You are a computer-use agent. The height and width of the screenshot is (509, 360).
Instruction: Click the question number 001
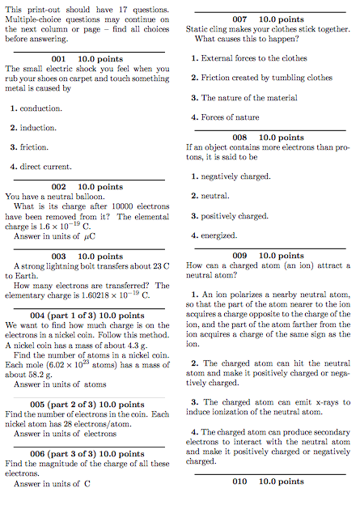click(57, 59)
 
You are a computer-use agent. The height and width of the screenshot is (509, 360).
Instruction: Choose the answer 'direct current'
click(41, 166)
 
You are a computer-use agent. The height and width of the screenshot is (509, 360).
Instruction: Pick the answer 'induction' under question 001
click(34, 127)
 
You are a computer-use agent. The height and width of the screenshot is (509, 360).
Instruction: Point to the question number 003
click(57, 256)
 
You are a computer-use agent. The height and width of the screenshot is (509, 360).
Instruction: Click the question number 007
click(239, 19)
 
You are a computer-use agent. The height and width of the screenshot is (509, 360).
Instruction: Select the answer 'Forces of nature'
click(236, 117)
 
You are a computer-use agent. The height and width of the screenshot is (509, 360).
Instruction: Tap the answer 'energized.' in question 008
click(219, 235)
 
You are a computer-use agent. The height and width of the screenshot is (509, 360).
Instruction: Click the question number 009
click(239, 256)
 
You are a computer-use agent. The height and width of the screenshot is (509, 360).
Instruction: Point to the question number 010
click(239, 481)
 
